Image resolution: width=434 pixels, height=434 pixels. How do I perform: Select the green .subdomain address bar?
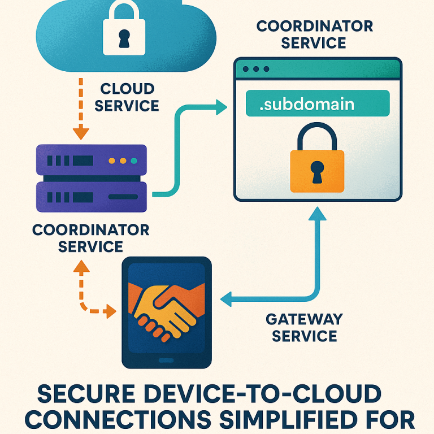(318, 103)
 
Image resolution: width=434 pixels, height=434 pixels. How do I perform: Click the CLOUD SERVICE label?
(127, 97)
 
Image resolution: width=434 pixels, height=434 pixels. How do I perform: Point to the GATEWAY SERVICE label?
(304, 328)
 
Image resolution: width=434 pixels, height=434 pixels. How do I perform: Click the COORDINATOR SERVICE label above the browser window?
(314, 34)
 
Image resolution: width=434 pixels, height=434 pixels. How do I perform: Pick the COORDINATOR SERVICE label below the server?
(90, 238)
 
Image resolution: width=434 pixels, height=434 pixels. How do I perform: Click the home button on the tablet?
(167, 360)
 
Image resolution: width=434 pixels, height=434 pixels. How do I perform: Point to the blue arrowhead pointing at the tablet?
(227, 300)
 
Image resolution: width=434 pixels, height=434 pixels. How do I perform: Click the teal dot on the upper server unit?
(133, 161)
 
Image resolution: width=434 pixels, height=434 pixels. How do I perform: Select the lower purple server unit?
(91, 196)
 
